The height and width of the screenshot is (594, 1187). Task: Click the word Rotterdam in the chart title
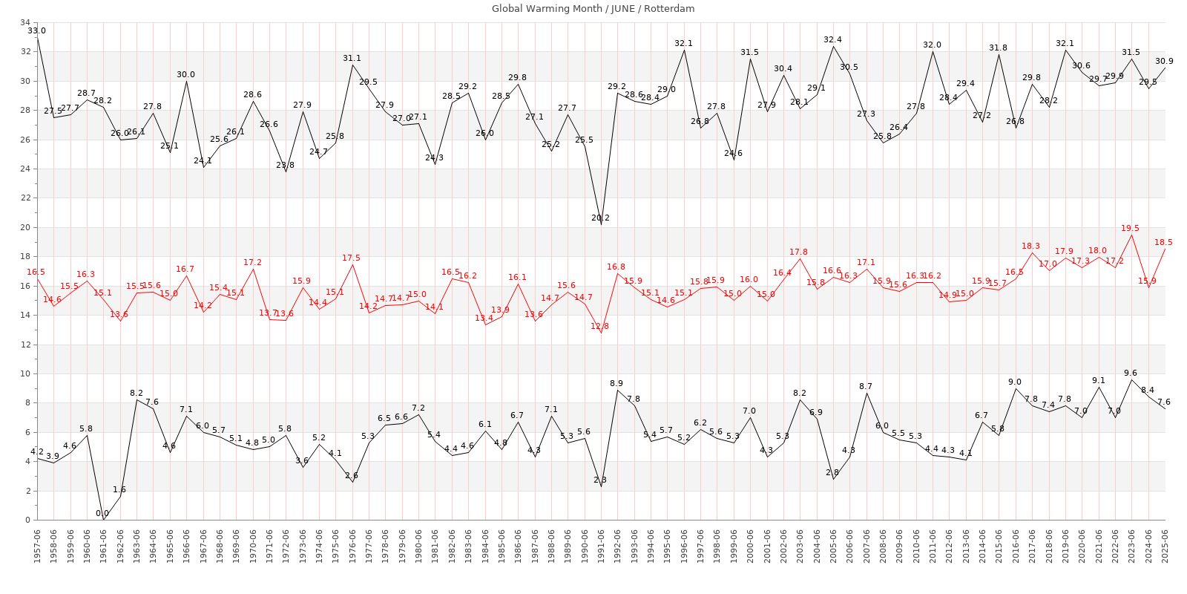pyautogui.click(x=669, y=9)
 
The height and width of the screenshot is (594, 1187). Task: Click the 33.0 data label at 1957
pyautogui.click(x=36, y=30)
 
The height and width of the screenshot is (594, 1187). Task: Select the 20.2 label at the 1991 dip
pyautogui.click(x=600, y=218)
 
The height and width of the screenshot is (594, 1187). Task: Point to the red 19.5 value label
pyautogui.click(x=1131, y=229)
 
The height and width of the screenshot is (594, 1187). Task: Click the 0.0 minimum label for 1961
pyautogui.click(x=102, y=513)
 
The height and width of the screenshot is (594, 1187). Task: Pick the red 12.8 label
pyautogui.click(x=600, y=326)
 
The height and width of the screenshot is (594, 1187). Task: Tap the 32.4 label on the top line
pyautogui.click(x=832, y=39)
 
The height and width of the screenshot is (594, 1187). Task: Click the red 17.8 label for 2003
pyautogui.click(x=799, y=252)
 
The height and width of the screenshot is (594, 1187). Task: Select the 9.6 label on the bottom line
pyautogui.click(x=1131, y=373)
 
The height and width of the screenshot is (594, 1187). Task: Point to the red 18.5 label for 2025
pyautogui.click(x=1164, y=242)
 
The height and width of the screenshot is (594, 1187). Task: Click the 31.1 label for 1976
pyautogui.click(x=352, y=58)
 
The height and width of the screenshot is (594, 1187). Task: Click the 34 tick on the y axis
pyautogui.click(x=24, y=22)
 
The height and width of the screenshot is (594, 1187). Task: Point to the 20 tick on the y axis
pyautogui.click(x=24, y=227)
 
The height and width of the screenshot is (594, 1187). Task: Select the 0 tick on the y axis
pyautogui.click(x=27, y=520)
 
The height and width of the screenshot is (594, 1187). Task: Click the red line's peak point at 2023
pyautogui.click(x=1131, y=235)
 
